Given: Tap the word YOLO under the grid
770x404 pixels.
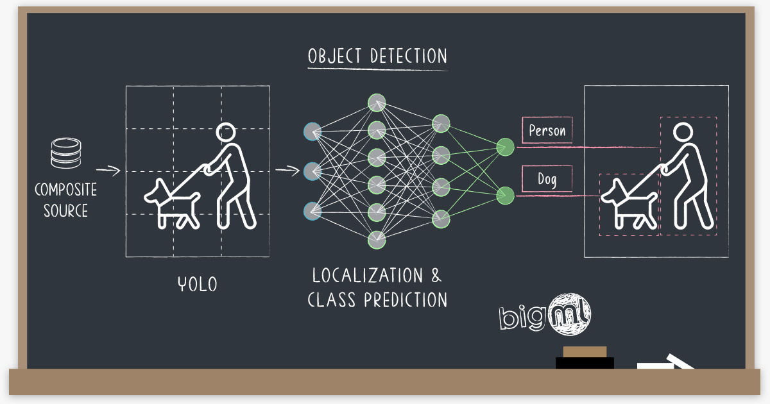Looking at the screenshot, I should [197, 283].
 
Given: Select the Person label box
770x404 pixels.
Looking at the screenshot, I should [547, 131].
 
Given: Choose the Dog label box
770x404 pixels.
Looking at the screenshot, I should [547, 179].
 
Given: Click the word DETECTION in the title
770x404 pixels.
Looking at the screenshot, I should [409, 56].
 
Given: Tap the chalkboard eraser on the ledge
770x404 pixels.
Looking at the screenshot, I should [585, 358].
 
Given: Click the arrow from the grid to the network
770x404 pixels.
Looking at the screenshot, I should [287, 171].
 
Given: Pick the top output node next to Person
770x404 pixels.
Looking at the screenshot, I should [505, 147].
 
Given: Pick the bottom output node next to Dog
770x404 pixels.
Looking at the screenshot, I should [505, 195].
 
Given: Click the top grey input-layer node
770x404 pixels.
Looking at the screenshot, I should [312, 131].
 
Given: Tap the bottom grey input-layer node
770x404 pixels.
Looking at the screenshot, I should [312, 210].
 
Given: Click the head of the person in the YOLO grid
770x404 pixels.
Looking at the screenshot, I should [225, 133].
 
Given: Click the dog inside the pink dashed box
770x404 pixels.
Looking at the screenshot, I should [628, 203].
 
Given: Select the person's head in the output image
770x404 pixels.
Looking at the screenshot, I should [682, 133].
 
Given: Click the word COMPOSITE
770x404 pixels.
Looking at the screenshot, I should [65, 190].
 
